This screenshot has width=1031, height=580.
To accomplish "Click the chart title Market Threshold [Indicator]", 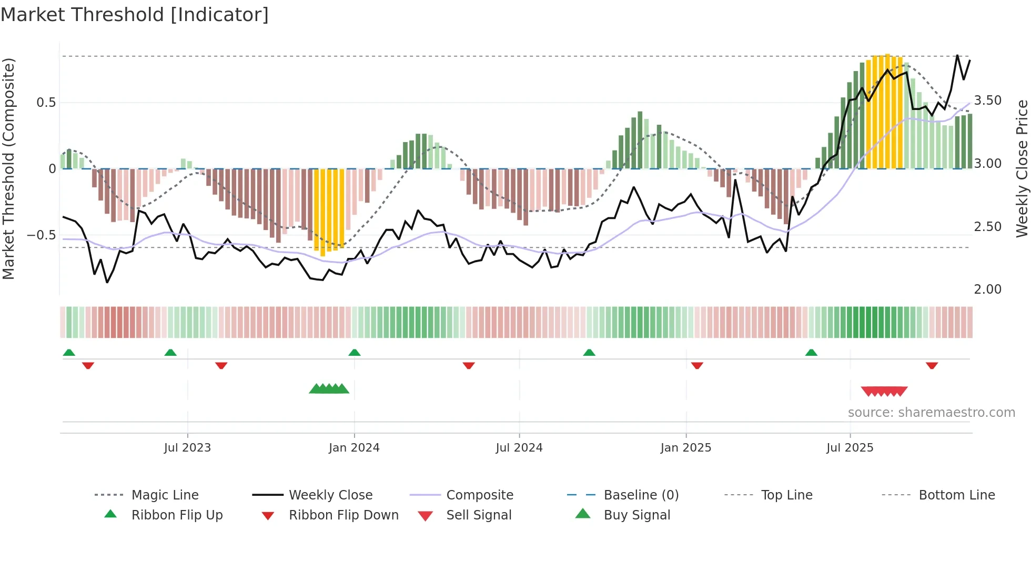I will (x=135, y=15).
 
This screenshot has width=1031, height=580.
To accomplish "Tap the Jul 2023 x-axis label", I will (x=187, y=448).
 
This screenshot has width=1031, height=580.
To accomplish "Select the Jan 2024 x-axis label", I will (x=354, y=448).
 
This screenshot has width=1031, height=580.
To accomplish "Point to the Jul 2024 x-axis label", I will (x=519, y=448).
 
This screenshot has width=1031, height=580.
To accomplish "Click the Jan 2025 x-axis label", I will (x=686, y=448).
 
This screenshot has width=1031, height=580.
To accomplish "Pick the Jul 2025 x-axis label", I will (x=850, y=448).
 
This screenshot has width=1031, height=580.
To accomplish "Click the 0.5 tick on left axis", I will (x=46, y=103).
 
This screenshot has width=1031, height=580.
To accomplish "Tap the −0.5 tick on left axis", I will (x=42, y=235).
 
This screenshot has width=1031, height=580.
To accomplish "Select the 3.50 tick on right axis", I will (x=988, y=101).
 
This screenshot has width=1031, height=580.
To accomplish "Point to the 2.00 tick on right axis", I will (x=988, y=289).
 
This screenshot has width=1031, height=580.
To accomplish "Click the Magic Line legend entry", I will (x=165, y=495).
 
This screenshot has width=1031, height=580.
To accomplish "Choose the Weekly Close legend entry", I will (x=330, y=495).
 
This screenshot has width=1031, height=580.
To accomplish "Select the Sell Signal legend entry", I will (x=479, y=515).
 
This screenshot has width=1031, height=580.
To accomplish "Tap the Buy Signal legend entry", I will (x=636, y=515).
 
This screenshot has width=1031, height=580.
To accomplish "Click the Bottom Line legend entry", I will (x=956, y=495).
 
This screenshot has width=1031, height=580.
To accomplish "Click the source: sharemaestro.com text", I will (x=931, y=413).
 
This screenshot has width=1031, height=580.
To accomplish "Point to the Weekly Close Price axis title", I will (x=1022, y=168).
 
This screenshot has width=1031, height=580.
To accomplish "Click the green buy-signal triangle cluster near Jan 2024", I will (x=329, y=389).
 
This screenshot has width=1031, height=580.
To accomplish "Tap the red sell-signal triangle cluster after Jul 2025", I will (x=884, y=392).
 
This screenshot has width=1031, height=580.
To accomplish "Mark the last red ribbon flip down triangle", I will (x=932, y=365).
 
